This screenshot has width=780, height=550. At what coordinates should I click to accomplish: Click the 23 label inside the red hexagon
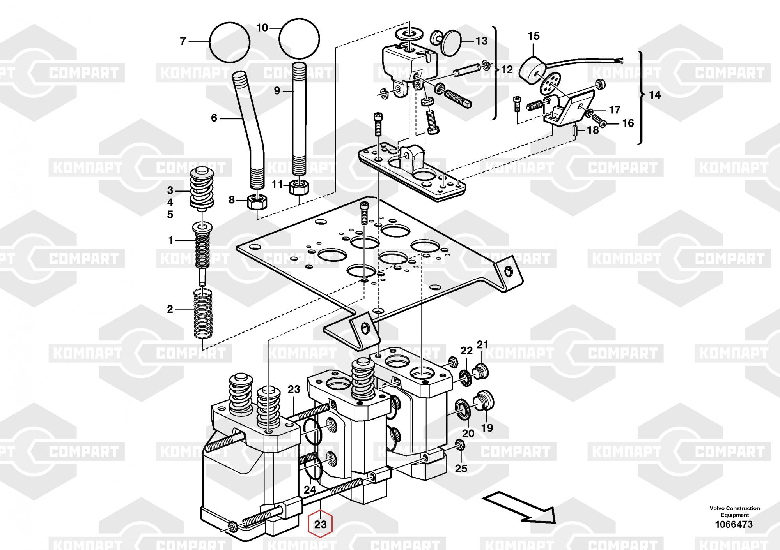[320, 524]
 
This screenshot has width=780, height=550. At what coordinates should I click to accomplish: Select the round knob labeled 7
[229, 42]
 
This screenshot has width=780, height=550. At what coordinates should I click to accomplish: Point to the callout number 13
[482, 41]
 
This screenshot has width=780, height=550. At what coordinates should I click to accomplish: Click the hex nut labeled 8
[257, 202]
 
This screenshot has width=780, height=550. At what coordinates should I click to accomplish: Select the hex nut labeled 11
[299, 187]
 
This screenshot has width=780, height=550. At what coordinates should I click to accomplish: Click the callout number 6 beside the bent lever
[214, 118]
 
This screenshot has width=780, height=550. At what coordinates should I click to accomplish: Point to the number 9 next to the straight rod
[277, 91]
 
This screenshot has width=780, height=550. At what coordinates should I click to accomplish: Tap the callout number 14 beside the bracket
[655, 95]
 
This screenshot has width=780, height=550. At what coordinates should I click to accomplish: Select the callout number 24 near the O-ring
[310, 490]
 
